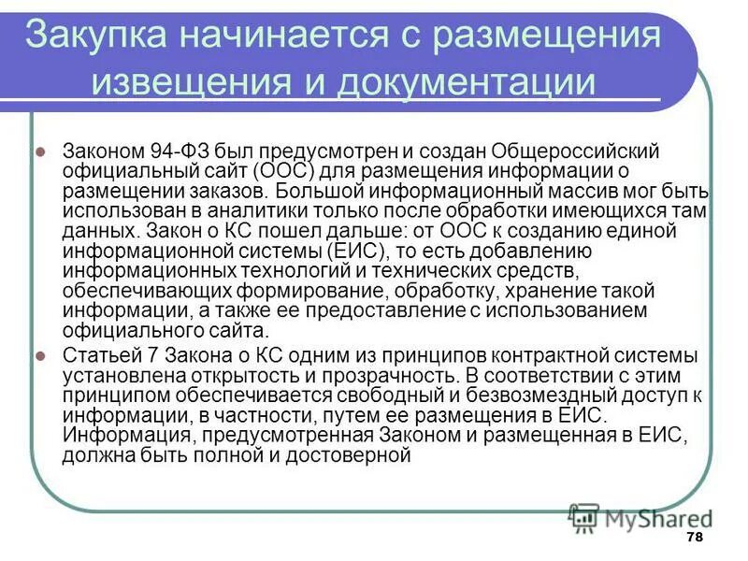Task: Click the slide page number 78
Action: [694, 537]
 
